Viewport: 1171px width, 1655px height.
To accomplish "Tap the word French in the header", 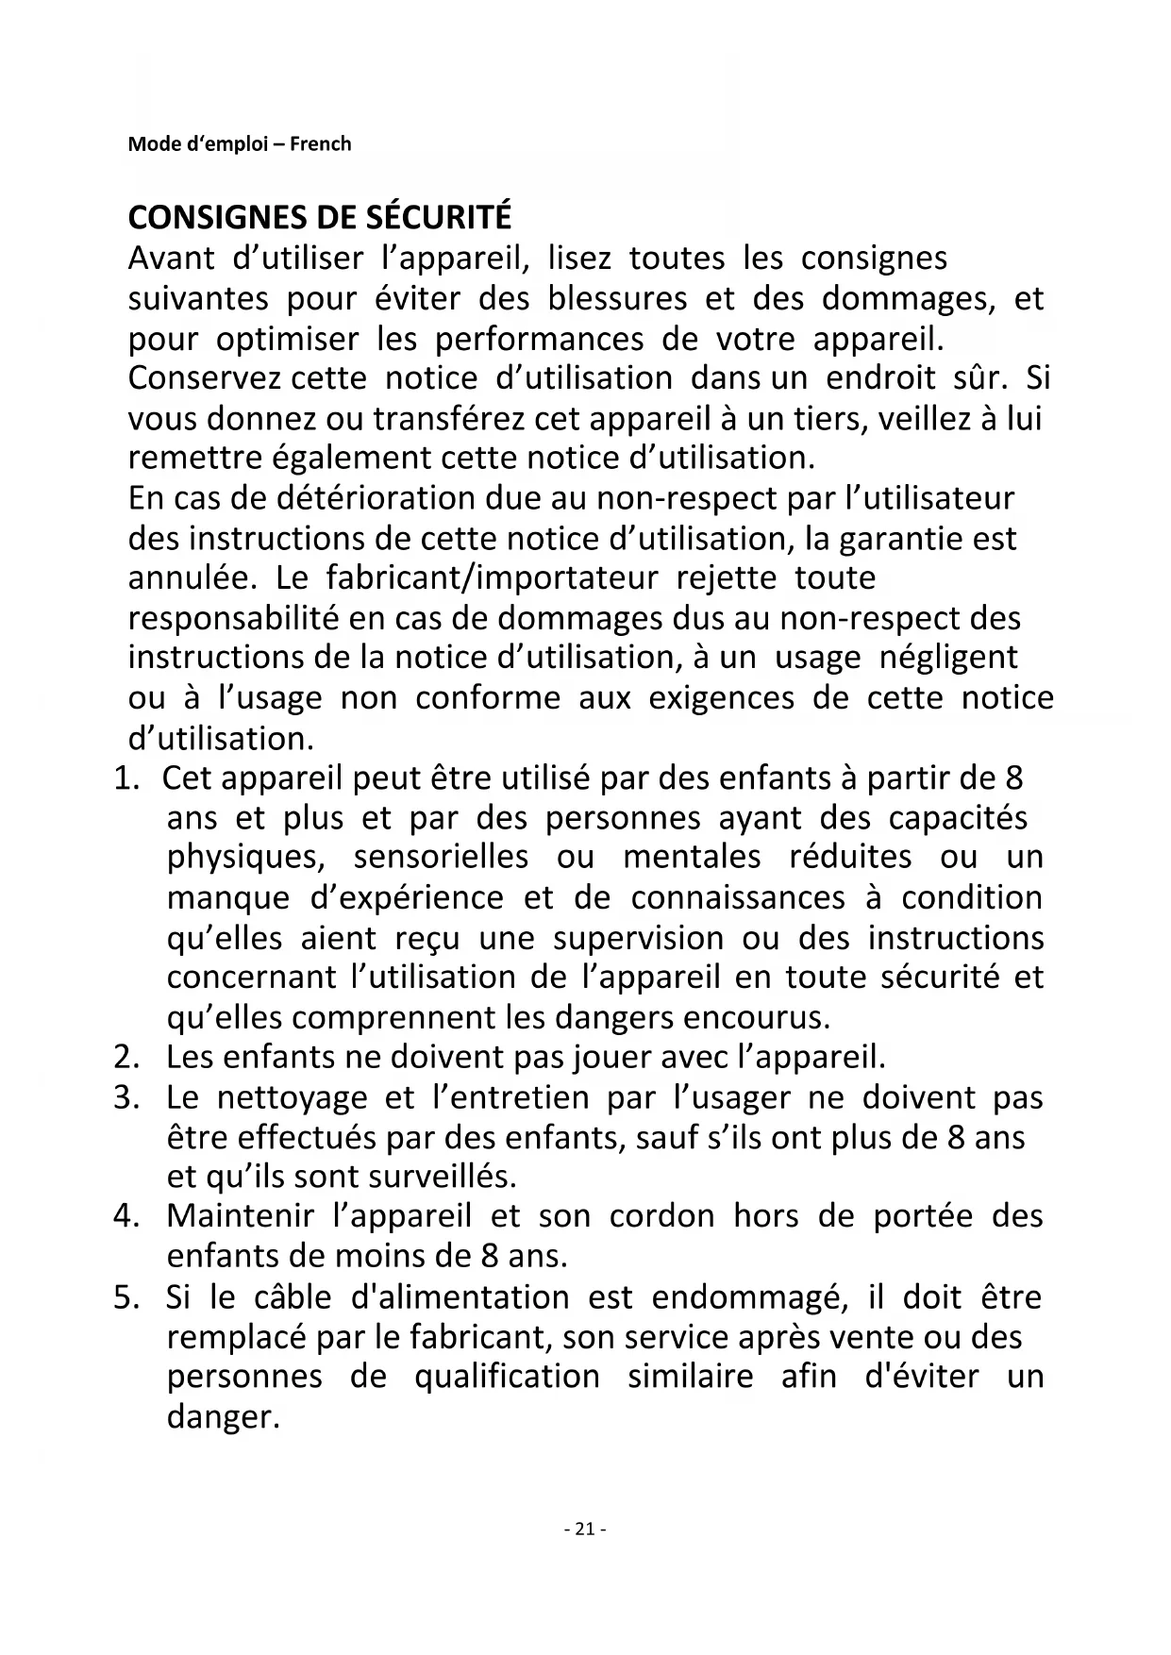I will pyautogui.click(x=320, y=144).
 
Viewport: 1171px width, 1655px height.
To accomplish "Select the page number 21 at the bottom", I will pyautogui.click(x=584, y=1530).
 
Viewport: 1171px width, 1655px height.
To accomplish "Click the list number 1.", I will pyautogui.click(x=126, y=778).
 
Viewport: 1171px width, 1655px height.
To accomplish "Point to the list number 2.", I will pyautogui.click(x=126, y=1057).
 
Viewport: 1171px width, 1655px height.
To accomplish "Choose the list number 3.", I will pyautogui.click(x=126, y=1097).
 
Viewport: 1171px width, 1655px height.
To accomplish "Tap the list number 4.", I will pyautogui.click(x=126, y=1216).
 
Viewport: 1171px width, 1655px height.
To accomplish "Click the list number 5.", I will pyautogui.click(x=126, y=1296).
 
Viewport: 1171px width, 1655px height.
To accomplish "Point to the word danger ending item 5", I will pyautogui.click(x=223, y=1417).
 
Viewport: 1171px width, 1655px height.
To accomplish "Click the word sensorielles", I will pyautogui.click(x=441, y=857).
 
